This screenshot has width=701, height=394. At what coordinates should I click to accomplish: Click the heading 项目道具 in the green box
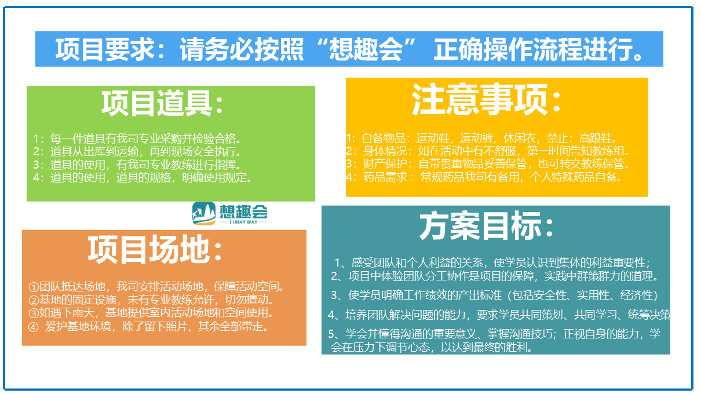(x=156, y=103)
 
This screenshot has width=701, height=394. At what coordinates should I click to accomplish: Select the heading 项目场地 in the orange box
(x=148, y=249)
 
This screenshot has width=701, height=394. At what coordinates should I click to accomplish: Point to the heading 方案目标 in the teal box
(x=480, y=225)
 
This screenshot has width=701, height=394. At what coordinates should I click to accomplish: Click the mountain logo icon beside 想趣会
(x=204, y=213)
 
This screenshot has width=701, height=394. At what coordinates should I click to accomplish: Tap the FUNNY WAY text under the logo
(x=243, y=222)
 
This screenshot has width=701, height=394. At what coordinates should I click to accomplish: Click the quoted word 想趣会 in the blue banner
(x=366, y=49)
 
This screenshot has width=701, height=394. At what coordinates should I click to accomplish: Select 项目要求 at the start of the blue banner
(x=104, y=49)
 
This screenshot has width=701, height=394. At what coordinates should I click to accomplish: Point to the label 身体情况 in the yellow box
(x=385, y=151)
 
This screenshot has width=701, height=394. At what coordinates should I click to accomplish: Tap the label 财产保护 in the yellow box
(x=385, y=163)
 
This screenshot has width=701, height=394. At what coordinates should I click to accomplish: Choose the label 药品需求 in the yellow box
(x=385, y=177)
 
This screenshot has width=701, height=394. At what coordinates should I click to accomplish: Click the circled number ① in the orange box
(x=34, y=287)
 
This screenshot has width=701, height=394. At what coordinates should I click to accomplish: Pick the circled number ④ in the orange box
(x=33, y=327)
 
